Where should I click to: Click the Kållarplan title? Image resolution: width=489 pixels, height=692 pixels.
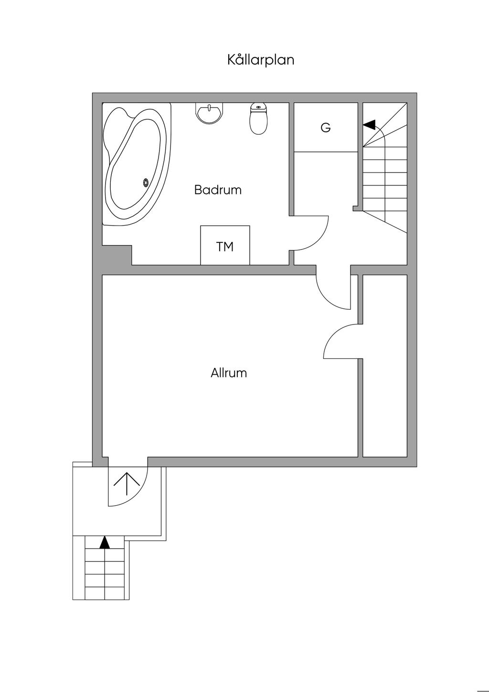[x=260, y=60]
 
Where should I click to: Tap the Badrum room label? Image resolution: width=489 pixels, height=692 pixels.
[x=218, y=190]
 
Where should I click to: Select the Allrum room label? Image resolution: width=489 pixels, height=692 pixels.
[x=229, y=373]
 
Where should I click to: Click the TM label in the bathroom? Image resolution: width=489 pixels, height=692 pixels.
[x=225, y=247]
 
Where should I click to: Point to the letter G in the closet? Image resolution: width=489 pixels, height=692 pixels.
[x=326, y=128]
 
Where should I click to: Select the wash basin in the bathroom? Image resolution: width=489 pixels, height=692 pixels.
[x=209, y=113]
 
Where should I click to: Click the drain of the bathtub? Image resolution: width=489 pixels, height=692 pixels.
[x=146, y=182]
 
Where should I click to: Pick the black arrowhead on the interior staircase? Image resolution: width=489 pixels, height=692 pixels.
[x=369, y=125]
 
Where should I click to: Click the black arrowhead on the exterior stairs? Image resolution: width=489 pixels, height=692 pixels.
[x=105, y=542]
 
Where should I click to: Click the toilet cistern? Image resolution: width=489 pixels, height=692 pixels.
[x=258, y=108]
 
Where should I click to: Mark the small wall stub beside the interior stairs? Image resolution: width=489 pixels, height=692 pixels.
[x=357, y=208]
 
